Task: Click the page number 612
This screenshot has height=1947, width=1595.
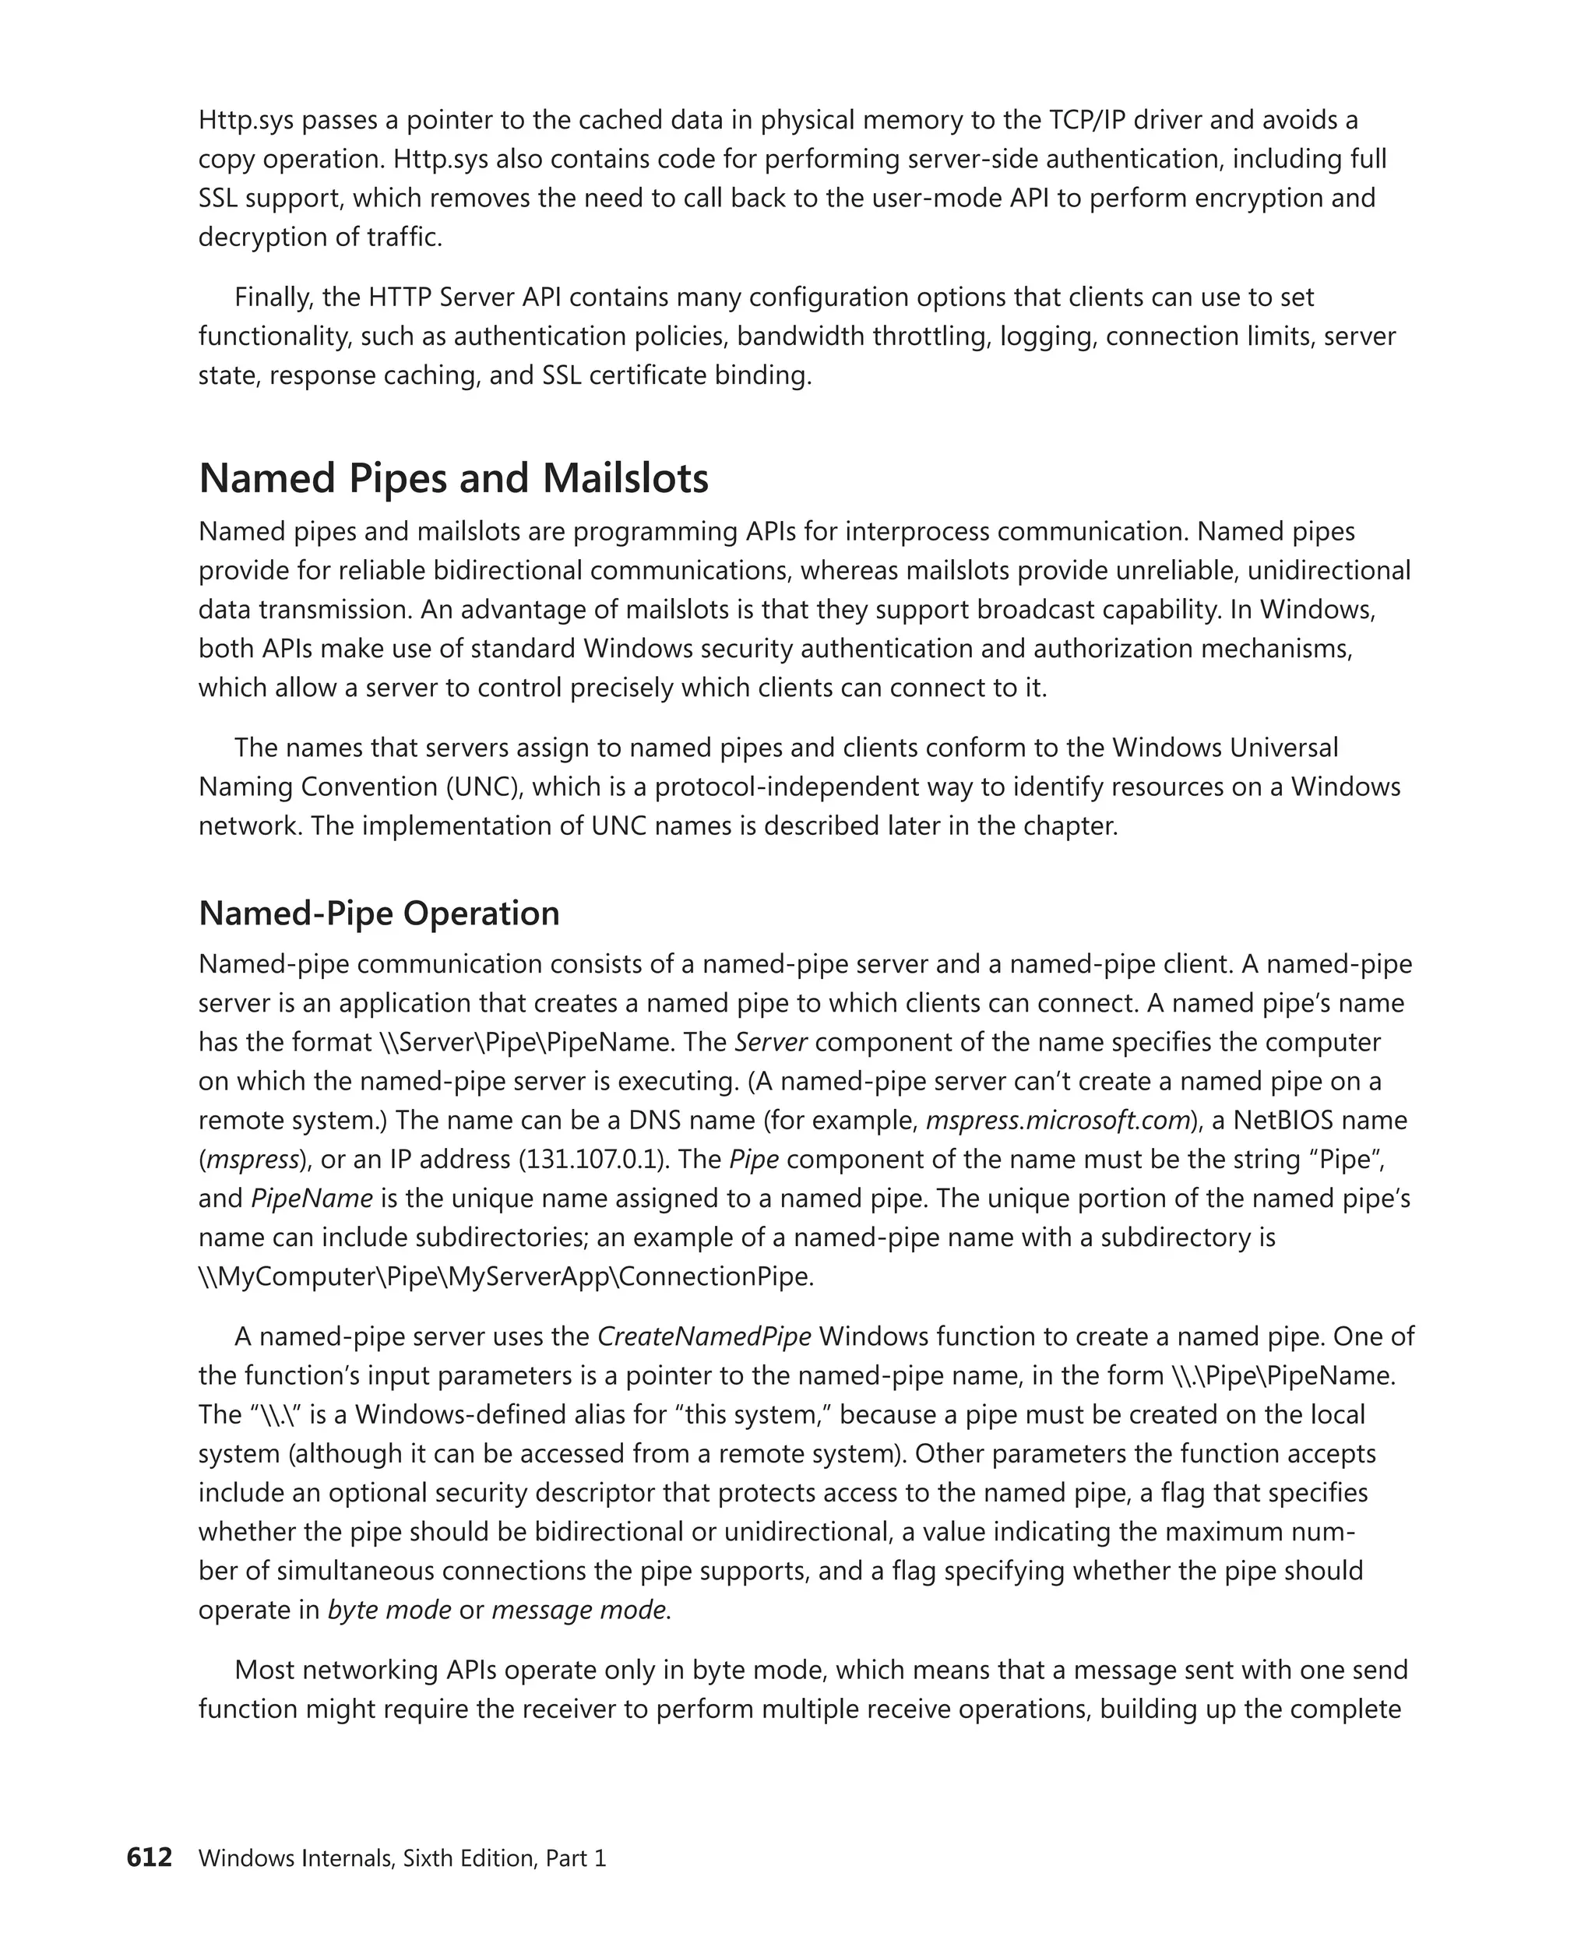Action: pyautogui.click(x=149, y=1858)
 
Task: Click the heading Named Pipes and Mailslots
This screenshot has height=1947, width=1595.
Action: pyautogui.click(x=453, y=479)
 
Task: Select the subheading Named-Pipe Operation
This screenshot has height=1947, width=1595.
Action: pyautogui.click(x=379, y=914)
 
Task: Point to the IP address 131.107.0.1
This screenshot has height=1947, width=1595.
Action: pyautogui.click(x=591, y=1160)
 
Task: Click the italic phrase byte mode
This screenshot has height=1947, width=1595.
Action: pyautogui.click(x=389, y=1610)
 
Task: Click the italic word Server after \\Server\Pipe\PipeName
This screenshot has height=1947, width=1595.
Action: pyautogui.click(x=771, y=1042)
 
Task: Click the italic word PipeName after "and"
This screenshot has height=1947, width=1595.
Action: pyautogui.click(x=312, y=1198)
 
